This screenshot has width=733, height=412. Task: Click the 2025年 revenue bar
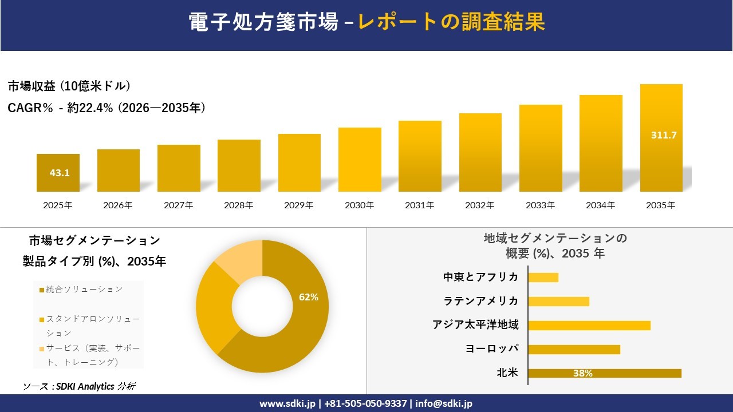pyautogui.click(x=58, y=173)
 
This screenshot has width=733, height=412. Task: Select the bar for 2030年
pyautogui.click(x=360, y=160)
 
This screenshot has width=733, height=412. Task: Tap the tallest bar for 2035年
pyautogui.click(x=661, y=138)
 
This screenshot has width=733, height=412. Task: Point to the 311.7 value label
pyautogui.click(x=664, y=136)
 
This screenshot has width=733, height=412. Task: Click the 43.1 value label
pyautogui.click(x=60, y=173)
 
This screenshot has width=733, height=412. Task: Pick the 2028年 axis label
pyautogui.click(x=239, y=205)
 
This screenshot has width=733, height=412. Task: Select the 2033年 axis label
pyautogui.click(x=541, y=205)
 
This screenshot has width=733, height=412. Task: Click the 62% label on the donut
pyautogui.click(x=309, y=297)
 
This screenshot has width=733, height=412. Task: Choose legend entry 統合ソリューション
pyautogui.click(x=84, y=290)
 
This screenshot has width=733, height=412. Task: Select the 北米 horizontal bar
pyautogui.click(x=604, y=373)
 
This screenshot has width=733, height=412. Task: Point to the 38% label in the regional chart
pyautogui.click(x=582, y=374)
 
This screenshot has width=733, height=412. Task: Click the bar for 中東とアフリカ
pyautogui.click(x=543, y=278)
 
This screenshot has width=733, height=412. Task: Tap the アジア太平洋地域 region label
pyautogui.click(x=475, y=325)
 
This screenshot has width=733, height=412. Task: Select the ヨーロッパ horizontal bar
pyautogui.click(x=574, y=349)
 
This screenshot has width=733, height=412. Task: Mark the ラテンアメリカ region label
pyautogui.click(x=481, y=301)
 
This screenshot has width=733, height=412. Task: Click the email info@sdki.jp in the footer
pyautogui.click(x=444, y=403)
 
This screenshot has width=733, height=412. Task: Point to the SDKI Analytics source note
pyautogui.click(x=79, y=387)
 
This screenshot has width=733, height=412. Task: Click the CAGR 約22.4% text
pyautogui.click(x=107, y=108)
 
